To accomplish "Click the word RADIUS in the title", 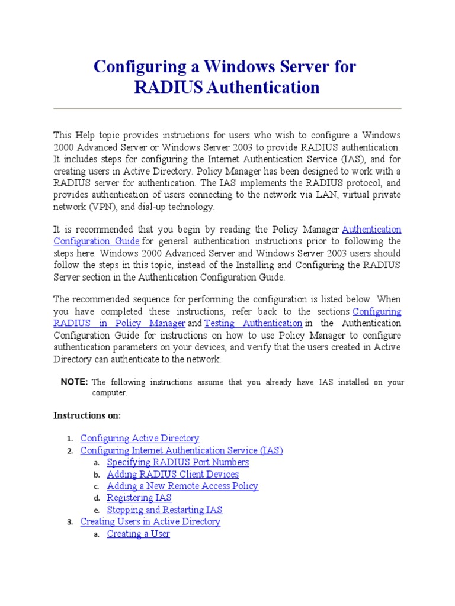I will pos(168,88).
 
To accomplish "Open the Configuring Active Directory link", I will pos(140,439).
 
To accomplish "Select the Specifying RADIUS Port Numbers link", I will pos(178,462).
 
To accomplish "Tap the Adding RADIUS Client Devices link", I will pos(173,474).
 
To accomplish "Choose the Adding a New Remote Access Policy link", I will pos(182,486).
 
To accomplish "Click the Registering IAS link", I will pos(139,498).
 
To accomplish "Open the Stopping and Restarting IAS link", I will pos(165,510).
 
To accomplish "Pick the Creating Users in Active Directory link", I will pos(150,521).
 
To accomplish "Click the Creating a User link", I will pos(139,534).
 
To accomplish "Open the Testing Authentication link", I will pos(253,323).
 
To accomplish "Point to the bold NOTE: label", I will pos(75,382).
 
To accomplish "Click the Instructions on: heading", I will pos(87,415).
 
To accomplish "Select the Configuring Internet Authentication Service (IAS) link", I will pos(182,450).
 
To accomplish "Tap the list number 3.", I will pos(69,522).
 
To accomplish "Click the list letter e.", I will pos(96,510).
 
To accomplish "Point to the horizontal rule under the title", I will pos(227,109).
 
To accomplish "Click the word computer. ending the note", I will pos(110,393).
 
